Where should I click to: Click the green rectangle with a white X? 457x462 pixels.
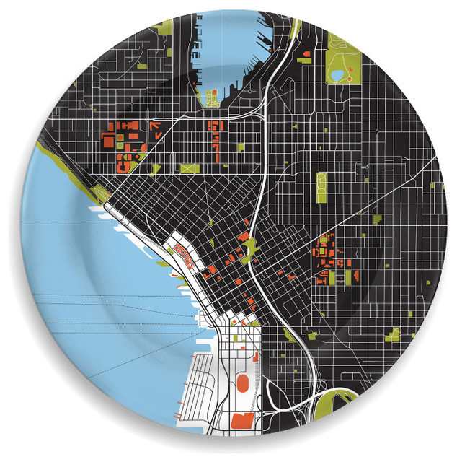[x=190, y=168]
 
